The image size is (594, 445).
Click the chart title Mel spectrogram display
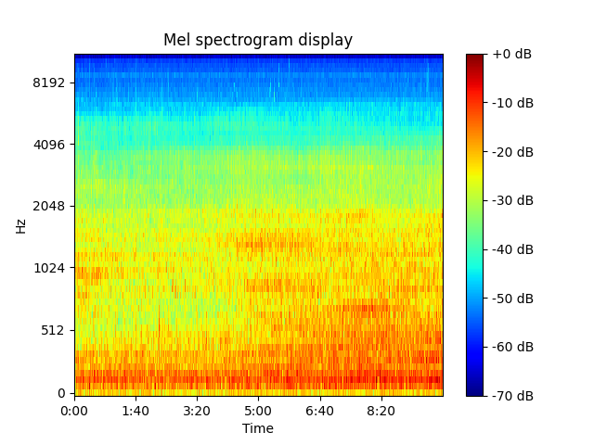click(258, 40)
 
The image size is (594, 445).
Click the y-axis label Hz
click(20, 225)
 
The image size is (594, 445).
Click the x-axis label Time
click(258, 428)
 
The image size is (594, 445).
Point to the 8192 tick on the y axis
click(49, 83)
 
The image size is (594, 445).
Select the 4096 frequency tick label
click(49, 145)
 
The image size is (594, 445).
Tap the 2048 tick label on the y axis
click(49, 206)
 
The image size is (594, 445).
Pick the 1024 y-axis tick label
click(49, 268)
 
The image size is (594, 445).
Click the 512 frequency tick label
click(53, 330)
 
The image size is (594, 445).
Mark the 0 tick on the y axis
click(62, 392)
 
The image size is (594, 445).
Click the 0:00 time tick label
click(74, 411)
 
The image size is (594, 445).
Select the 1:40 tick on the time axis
click(136, 411)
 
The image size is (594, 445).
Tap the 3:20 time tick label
click(197, 411)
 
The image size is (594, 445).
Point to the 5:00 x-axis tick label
click(258, 411)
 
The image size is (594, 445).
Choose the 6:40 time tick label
click(319, 411)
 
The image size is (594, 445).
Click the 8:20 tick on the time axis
click(381, 411)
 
